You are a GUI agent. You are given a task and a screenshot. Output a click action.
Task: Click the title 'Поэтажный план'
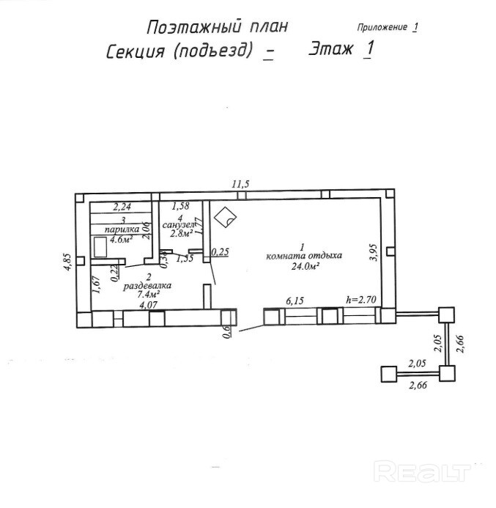click(x=217, y=27)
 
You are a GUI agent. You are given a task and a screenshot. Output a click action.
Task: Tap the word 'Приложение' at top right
click(x=381, y=27)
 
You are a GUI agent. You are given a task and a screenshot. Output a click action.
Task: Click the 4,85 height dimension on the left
click(x=67, y=262)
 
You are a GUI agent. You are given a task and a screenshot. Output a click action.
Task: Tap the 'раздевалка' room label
click(x=147, y=286)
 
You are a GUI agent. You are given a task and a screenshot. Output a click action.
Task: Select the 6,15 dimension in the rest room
click(x=293, y=301)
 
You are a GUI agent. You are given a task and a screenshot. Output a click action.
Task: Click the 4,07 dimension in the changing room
click(x=149, y=306)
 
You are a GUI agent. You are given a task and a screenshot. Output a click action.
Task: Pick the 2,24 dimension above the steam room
click(x=121, y=207)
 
